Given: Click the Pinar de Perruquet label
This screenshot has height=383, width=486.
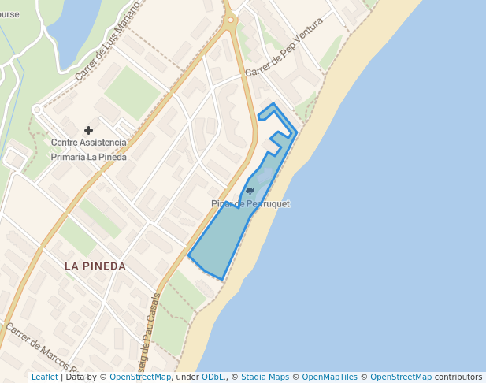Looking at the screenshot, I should [250, 204].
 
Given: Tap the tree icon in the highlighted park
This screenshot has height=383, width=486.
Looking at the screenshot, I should [250, 191].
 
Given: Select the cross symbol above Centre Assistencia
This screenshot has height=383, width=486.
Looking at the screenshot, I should [88, 130].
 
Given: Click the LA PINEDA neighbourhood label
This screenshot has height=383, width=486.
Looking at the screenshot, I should [95, 266].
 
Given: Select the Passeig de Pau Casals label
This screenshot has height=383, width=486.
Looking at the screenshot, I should [153, 331].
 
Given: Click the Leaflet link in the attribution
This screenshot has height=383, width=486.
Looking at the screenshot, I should [44, 377].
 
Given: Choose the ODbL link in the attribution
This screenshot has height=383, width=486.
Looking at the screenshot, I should [213, 377].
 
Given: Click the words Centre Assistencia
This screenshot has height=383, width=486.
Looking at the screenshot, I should [88, 143].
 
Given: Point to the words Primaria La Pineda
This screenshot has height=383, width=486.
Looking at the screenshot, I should [88, 157].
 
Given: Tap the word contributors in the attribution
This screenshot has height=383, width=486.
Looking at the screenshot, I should [458, 377].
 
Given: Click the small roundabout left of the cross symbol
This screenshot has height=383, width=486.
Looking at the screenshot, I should [36, 110].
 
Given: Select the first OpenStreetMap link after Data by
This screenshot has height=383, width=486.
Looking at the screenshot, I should [140, 377].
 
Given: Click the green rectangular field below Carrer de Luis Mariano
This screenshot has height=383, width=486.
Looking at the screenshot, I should [132, 92].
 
